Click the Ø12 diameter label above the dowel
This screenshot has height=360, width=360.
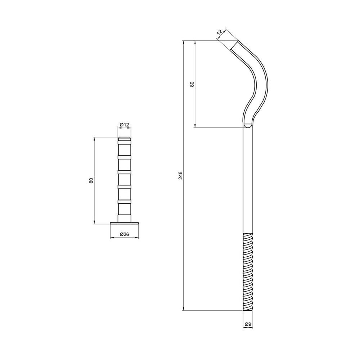click(124, 125)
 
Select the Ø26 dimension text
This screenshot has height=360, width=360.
click(124, 234)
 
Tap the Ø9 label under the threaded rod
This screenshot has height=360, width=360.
click(248, 324)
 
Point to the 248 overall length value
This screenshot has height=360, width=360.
click(181, 175)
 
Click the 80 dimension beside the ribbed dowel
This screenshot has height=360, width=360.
click(91, 180)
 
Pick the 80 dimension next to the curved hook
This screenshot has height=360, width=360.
click(192, 84)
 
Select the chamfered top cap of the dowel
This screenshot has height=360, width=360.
click(124, 139)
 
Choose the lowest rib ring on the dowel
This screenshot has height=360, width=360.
click(124, 201)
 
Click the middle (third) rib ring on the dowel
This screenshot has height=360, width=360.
click(124, 172)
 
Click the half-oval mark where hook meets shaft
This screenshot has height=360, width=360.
click(248, 125)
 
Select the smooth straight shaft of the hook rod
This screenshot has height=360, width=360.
click(248, 180)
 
